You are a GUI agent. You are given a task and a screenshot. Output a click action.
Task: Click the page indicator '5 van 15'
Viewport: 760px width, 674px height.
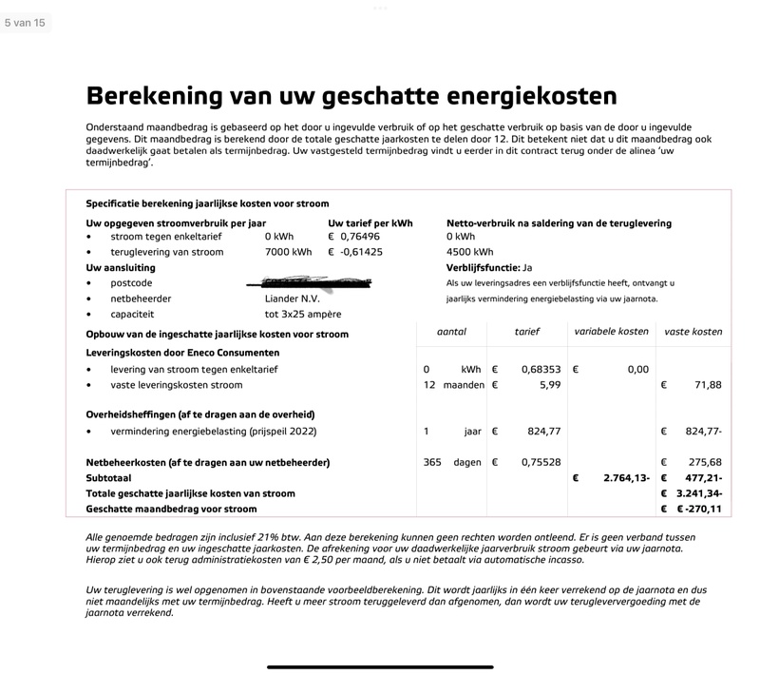(x=25, y=23)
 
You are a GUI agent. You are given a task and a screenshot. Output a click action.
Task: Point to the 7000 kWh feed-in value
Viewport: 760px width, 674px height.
(x=288, y=252)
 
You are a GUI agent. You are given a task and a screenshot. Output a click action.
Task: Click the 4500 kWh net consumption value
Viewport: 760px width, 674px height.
(x=469, y=252)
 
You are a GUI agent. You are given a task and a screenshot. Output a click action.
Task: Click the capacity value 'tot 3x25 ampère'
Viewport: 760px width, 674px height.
(x=303, y=314)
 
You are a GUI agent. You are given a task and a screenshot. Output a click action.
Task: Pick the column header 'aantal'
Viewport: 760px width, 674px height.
(x=451, y=332)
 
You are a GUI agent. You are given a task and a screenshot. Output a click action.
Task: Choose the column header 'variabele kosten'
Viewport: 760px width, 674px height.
(x=612, y=332)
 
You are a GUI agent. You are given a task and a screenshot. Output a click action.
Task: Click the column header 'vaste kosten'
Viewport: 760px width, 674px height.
(x=693, y=332)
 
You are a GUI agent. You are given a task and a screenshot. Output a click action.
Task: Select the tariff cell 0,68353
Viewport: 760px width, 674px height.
(x=541, y=369)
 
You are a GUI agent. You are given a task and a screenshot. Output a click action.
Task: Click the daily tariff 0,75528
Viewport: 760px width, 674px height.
(x=541, y=462)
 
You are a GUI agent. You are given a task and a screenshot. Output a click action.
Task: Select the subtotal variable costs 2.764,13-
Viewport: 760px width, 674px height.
(x=626, y=478)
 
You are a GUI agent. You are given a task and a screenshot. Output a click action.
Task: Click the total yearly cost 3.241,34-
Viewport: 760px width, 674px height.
(x=702, y=493)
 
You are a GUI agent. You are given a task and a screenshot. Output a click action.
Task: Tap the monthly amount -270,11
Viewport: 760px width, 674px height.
(x=702, y=509)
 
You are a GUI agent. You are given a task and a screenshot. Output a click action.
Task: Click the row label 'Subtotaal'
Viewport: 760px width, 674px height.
(x=108, y=478)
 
